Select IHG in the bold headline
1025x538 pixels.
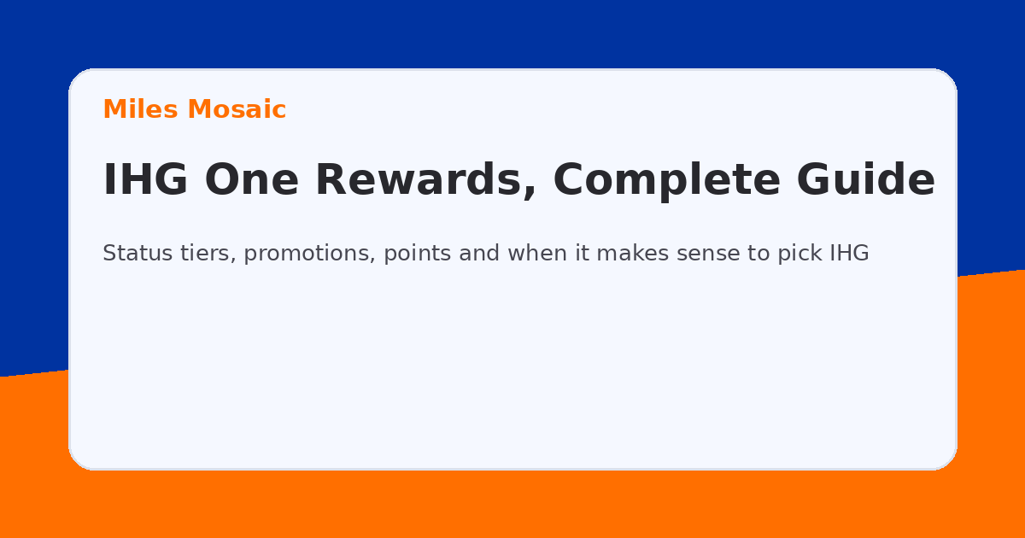click(x=147, y=180)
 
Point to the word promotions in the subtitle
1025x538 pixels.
click(x=308, y=254)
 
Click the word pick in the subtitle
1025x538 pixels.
click(x=800, y=254)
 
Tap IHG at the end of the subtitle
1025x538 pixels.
click(x=850, y=254)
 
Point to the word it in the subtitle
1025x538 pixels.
click(x=581, y=254)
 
